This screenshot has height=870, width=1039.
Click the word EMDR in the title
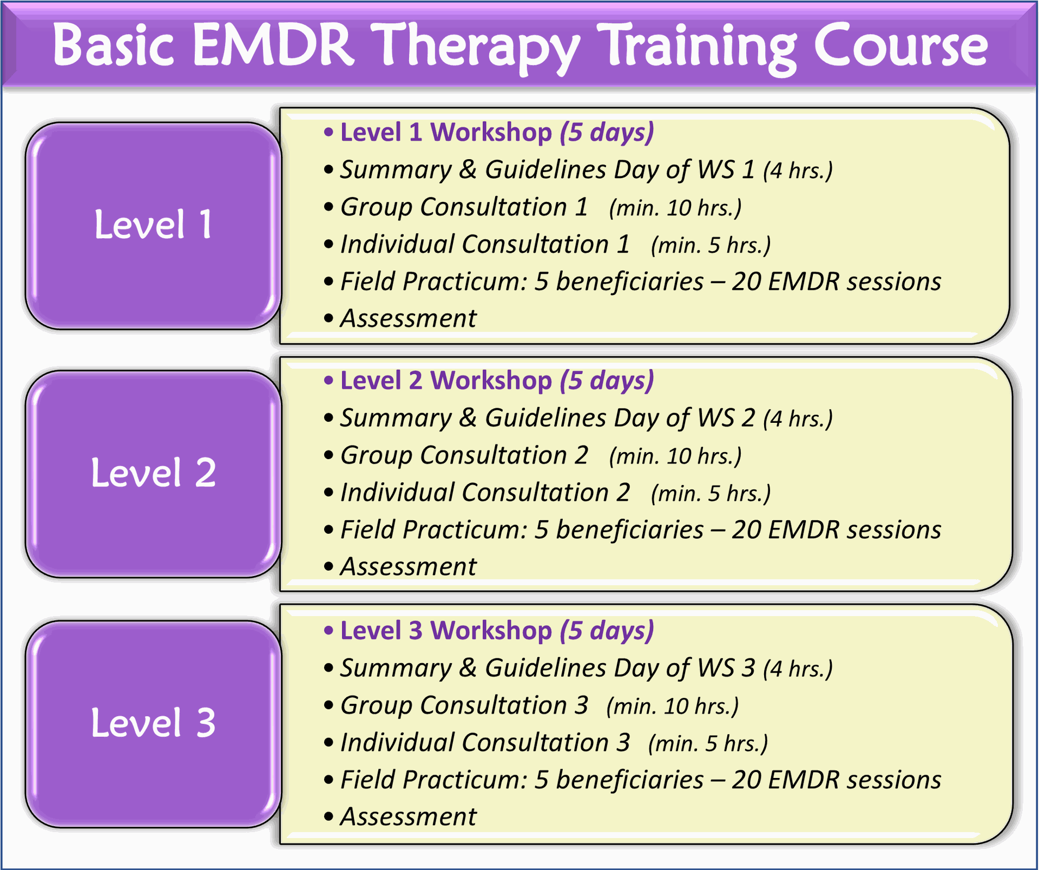point(273,46)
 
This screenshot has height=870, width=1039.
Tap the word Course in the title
point(900,46)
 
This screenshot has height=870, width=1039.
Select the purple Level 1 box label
point(153,225)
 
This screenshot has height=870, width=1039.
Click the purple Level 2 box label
point(153,473)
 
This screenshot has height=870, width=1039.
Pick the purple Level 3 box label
point(153,723)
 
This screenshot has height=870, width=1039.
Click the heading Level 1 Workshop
point(446,133)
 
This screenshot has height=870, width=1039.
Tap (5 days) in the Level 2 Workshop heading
point(607,381)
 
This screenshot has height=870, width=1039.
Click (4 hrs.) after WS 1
point(798,171)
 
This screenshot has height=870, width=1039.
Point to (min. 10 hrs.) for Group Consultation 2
point(675,456)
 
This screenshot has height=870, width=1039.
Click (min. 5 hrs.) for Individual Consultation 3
point(708,744)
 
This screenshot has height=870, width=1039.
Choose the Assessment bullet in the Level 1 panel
point(408,318)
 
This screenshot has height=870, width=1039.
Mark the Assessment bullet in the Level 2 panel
point(408,567)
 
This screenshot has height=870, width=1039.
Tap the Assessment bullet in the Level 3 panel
point(408,817)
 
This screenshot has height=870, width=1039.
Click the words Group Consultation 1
point(464,207)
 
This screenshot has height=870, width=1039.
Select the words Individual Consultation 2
point(485,493)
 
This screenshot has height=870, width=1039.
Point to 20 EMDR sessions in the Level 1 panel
point(836,282)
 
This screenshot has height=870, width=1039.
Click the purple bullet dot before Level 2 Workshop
point(328,381)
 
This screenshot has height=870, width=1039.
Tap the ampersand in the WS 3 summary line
point(468,668)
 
